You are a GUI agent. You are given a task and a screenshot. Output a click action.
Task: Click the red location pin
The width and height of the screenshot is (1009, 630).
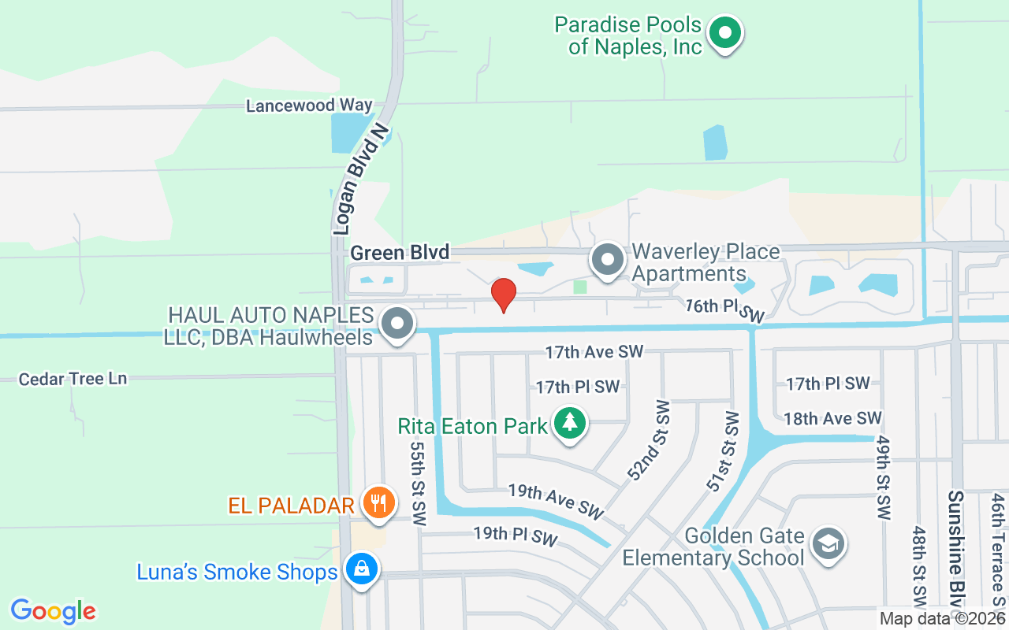pos(504,295)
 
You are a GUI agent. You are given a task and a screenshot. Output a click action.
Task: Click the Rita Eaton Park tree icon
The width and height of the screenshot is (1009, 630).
pos(569,424)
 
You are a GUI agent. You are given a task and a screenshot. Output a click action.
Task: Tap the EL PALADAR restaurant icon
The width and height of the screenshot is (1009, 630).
pos(379,502)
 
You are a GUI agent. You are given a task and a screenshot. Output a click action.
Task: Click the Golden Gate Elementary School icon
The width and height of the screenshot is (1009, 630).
pos(828,544)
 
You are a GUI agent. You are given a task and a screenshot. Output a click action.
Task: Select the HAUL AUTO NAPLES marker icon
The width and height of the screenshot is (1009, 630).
pos(397,324)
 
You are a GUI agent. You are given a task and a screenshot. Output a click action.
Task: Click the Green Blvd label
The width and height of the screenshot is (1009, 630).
pos(400,253)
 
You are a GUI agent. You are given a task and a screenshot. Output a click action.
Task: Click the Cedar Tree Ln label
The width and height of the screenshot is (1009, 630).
pos(73,379)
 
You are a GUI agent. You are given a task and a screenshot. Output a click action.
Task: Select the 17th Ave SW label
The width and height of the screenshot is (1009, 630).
pos(594,352)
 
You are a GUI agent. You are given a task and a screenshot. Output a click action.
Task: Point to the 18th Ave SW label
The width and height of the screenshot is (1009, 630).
pos(832,418)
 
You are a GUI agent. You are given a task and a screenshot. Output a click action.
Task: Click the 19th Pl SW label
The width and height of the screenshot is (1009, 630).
pos(516,538)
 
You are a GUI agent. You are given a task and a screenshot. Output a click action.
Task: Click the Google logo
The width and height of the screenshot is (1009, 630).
pos(54,611)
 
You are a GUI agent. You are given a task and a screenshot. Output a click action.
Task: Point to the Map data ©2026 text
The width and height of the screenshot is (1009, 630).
pos(942,619)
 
